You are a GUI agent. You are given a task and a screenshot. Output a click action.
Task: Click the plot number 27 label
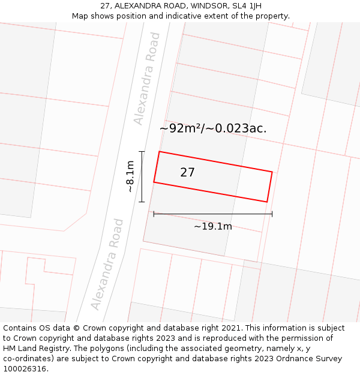tap(187, 173)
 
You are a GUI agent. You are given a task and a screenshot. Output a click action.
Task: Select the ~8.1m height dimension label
tap(130, 176)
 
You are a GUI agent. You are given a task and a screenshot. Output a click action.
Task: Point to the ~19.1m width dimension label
tap(212, 226)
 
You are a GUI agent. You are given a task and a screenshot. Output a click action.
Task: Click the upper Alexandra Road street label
tap(147, 79)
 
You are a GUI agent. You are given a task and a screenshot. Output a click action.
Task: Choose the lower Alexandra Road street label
tap(107, 265)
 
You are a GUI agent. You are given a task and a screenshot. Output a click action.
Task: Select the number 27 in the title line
tap(105, 6)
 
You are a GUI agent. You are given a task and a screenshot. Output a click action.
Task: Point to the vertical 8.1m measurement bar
tap(142, 176)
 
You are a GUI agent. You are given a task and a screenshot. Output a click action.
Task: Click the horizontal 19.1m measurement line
tap(212, 214)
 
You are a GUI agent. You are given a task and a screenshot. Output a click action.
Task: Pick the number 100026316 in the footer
tap(24, 369)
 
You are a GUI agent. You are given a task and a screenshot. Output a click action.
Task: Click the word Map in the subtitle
tap(81, 16)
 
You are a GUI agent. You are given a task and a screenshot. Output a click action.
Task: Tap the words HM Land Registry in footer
tap(38, 349)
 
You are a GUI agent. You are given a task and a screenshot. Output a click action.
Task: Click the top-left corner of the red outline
tap(159, 151)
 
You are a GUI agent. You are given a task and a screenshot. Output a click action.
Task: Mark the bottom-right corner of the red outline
tap(266, 202)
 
